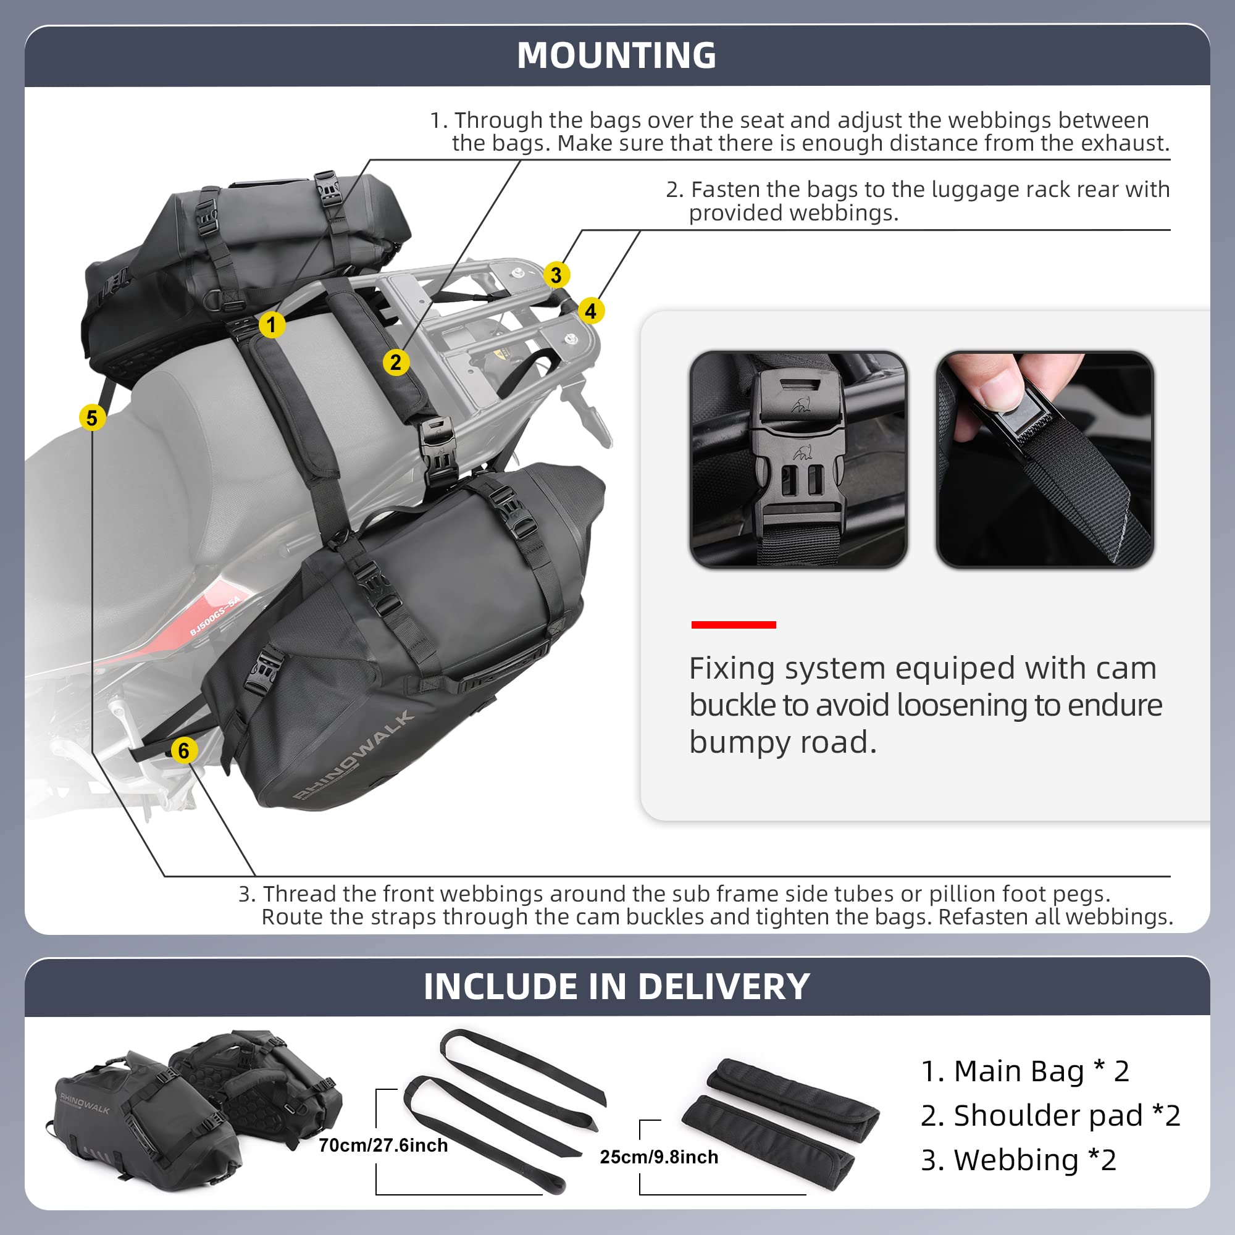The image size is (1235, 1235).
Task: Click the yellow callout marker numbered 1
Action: [272, 325]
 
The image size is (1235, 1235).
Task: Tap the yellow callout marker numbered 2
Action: [396, 362]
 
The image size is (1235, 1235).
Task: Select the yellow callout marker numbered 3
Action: [556, 275]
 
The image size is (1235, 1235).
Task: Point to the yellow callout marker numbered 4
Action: [591, 311]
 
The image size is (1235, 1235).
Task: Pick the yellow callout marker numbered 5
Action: [92, 418]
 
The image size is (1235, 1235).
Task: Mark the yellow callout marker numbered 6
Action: [184, 750]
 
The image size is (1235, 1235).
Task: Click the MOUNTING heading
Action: [616, 56]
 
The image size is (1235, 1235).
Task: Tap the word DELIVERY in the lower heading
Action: [724, 986]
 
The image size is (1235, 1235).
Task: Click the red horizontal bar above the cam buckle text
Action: [733, 624]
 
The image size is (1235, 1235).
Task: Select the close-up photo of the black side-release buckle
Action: [798, 459]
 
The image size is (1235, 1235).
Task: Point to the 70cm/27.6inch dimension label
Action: [383, 1145]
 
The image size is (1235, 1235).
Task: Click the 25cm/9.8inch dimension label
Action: [658, 1157]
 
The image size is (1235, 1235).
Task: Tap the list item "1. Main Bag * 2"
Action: [1024, 1071]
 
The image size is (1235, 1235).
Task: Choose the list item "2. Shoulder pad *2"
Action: [1050, 1115]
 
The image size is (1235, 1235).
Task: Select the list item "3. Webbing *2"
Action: [1018, 1160]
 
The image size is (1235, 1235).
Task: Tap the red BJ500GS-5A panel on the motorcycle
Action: [214, 617]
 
